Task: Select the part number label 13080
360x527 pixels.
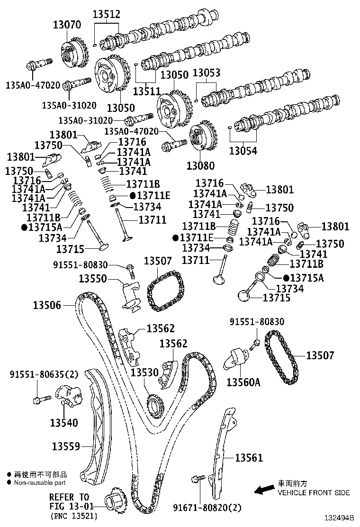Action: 200,165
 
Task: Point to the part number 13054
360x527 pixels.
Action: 243,151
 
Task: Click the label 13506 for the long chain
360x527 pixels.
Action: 47,305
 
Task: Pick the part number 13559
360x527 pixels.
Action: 66,446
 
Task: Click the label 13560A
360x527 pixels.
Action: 243,382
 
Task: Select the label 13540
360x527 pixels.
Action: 64,421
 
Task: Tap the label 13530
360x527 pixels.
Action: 144,373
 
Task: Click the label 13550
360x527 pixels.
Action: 93,279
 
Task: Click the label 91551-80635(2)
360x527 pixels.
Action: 44,374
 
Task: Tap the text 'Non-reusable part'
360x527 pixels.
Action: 40,482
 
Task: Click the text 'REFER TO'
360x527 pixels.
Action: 69,497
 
